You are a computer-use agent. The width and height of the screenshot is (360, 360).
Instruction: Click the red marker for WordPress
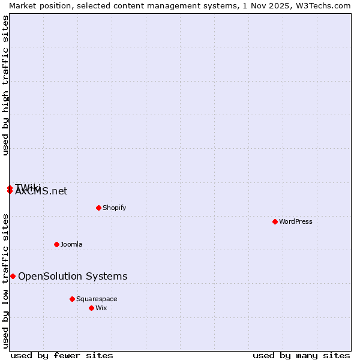[275, 221]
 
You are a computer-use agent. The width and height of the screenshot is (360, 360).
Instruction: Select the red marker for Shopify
[98, 208]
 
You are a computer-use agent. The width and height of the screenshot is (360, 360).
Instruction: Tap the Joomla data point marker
[56, 244]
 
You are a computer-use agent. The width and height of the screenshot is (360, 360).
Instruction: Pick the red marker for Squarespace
[72, 299]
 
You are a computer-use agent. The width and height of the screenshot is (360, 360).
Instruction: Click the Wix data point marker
[91, 308]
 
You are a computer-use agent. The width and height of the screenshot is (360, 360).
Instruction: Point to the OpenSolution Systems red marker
[13, 276]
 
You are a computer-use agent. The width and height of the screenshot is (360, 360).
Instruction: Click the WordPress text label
[296, 221]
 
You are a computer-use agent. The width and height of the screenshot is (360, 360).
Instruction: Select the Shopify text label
[114, 208]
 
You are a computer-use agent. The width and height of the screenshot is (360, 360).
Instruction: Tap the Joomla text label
[71, 244]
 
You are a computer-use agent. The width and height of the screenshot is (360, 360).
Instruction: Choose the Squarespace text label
[97, 299]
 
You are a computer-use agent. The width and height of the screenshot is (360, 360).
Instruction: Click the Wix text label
[101, 308]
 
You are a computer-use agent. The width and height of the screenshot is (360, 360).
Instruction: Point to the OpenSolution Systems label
[73, 276]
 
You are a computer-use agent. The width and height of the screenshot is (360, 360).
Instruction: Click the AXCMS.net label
[41, 192]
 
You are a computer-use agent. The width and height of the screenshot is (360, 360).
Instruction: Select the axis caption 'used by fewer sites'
[62, 355]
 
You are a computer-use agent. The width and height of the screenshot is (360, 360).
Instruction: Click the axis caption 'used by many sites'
[301, 355]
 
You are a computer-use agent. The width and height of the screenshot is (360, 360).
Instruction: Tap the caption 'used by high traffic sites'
[6, 85]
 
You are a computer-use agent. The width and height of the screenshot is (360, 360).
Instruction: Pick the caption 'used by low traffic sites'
[6, 281]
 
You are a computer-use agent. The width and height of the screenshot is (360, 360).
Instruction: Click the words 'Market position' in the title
[37, 5]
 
